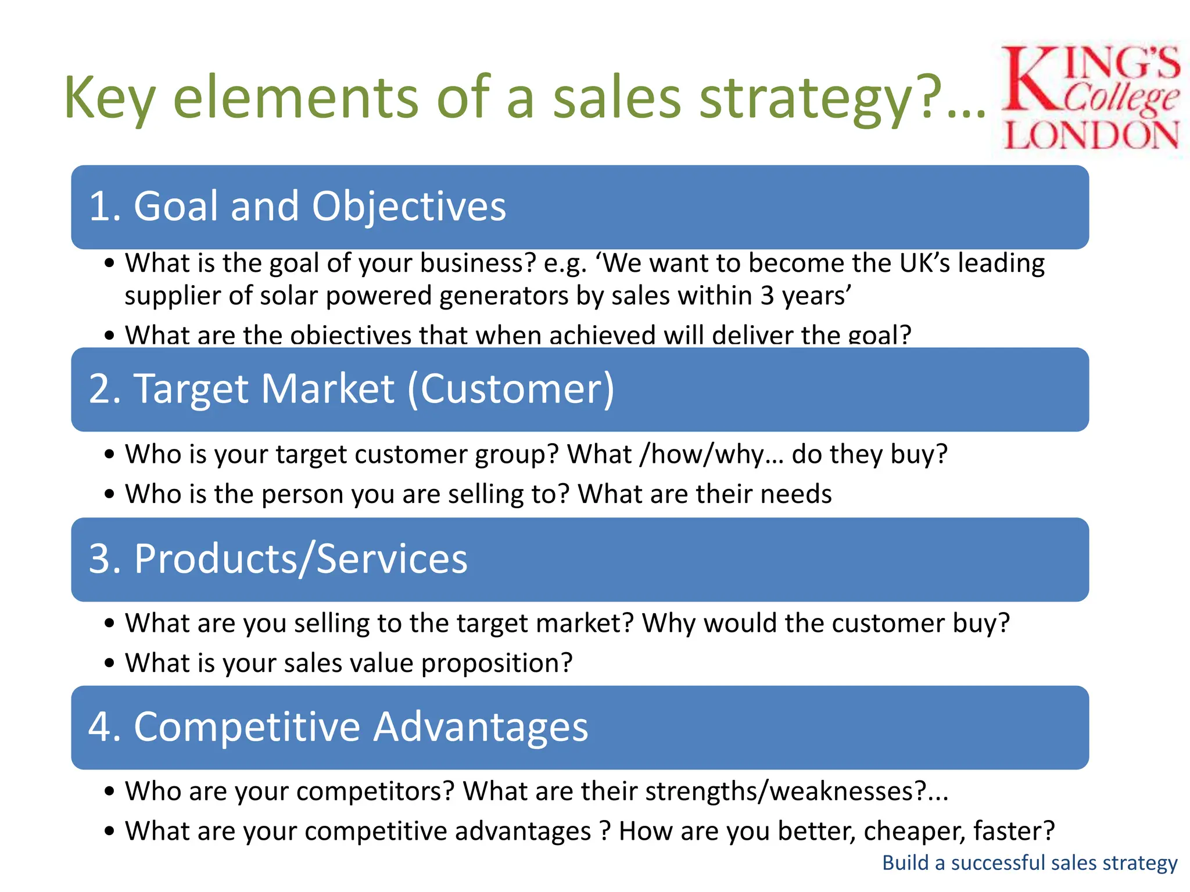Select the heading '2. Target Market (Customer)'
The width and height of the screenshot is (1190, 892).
351,389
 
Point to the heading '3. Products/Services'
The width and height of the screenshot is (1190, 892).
278,559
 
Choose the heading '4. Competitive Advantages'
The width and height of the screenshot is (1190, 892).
338,726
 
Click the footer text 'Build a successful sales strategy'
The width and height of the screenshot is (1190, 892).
1029,862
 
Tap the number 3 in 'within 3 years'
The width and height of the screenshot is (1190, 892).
767,296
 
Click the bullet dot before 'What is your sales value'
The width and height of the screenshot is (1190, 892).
110,663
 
